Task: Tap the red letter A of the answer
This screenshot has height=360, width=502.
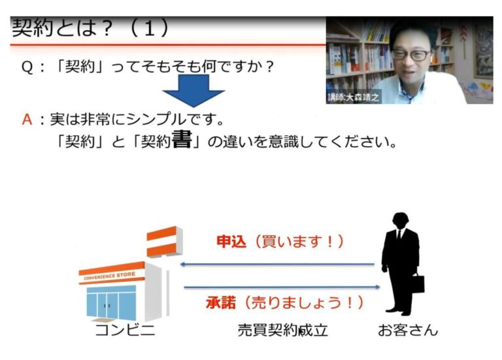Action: [x=27, y=120]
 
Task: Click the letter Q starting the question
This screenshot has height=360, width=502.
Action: [x=27, y=67]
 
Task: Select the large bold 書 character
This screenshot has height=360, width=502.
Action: [x=182, y=140]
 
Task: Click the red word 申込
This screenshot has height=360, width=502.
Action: [x=231, y=241]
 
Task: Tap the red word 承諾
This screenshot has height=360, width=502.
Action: [x=221, y=303]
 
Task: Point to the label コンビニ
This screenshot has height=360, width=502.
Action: [x=125, y=330]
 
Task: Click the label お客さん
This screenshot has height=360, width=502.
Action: [x=408, y=330]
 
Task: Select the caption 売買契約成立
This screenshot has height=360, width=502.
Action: [x=282, y=330]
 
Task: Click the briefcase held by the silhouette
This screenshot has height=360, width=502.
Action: [x=417, y=283]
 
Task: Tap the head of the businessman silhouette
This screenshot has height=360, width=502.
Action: [x=401, y=220]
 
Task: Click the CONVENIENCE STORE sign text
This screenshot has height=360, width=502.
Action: [x=110, y=276]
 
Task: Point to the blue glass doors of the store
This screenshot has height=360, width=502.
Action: [x=111, y=303]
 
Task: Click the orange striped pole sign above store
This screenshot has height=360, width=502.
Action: [x=164, y=241]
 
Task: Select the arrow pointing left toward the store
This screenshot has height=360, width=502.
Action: [x=277, y=265]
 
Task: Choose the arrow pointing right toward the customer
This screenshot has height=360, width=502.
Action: [x=282, y=287]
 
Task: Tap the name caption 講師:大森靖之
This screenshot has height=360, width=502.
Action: [x=353, y=97]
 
